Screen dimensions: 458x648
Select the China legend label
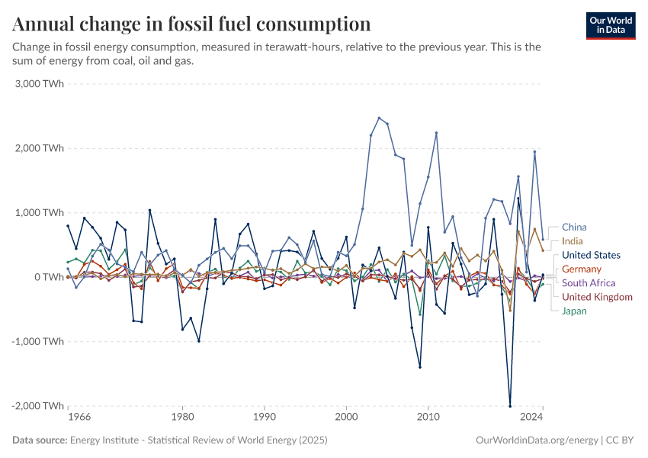point(574,227)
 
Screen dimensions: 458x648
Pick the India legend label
point(572,241)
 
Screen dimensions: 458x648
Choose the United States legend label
point(591,255)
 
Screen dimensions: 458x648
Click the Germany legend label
point(581,269)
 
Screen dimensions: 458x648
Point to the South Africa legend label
point(588,283)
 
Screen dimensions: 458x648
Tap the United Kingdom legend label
point(597,297)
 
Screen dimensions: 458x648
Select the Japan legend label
point(574,311)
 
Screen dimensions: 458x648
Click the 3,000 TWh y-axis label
point(40,83)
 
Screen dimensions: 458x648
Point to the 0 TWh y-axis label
point(47,276)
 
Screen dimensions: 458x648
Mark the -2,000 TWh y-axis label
point(38,405)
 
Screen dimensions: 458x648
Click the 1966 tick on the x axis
point(79,418)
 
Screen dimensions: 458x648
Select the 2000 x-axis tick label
point(347,418)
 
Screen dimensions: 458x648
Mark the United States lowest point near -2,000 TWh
point(510,405)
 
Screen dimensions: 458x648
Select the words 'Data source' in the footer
point(40,440)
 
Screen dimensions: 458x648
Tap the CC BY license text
point(620,440)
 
